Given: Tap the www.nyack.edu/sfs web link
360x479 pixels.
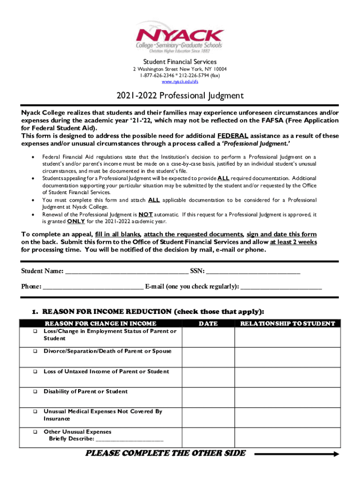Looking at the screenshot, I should tap(180, 82).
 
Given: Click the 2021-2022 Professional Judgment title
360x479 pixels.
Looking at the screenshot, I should tap(180, 96).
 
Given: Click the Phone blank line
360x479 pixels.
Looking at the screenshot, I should tap(93, 287).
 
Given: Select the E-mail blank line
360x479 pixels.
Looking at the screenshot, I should tap(281, 287).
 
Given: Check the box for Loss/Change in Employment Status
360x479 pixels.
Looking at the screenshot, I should tap(35, 332).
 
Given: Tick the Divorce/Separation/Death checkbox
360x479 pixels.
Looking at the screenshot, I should tap(35, 351).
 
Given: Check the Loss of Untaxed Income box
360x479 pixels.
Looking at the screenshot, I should tap(35, 372).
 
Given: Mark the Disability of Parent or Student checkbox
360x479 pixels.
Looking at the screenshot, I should tap(35, 392).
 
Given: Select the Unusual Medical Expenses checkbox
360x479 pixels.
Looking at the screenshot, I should tap(35, 412).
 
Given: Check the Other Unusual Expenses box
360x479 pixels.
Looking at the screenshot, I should tap(35, 432).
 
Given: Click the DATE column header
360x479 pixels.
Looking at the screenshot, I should tap(208, 323).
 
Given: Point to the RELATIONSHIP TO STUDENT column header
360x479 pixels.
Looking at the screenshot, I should tap(287, 323).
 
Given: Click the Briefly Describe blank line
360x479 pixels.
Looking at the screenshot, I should tap(130, 440).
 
